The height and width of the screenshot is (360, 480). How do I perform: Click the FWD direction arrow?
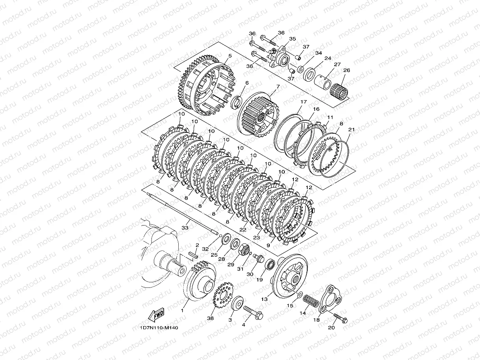[156, 315]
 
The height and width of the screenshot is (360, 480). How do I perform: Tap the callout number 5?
[230, 56]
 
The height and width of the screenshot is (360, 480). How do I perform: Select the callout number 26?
[347, 70]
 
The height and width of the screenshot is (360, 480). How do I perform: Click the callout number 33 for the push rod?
[185, 228]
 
